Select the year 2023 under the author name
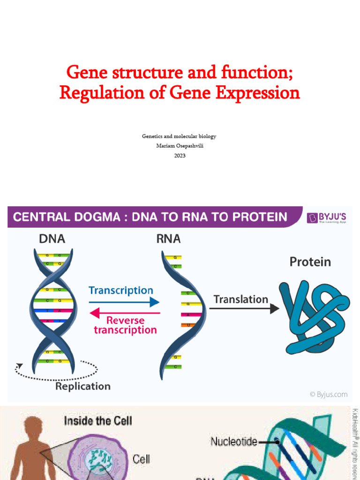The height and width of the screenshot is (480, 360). point(180,156)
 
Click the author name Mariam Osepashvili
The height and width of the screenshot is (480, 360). point(180,146)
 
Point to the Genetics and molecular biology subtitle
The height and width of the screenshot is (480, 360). point(180,136)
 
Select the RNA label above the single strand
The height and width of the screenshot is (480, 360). point(168,239)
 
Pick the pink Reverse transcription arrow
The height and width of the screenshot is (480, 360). point(124,313)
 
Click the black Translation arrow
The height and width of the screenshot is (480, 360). point(244,308)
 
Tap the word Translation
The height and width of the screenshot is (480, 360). point(241,299)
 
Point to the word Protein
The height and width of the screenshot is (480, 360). point(310,262)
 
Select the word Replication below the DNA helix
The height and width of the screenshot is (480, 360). point(83,386)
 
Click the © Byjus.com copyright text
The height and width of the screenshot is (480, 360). point(329,395)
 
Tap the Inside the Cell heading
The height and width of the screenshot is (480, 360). point(98,420)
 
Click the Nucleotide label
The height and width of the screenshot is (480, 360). point(233,441)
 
